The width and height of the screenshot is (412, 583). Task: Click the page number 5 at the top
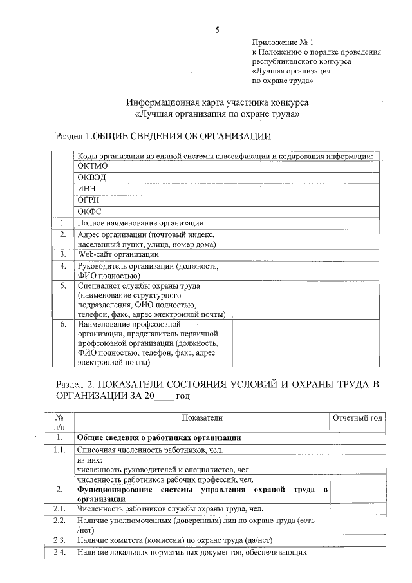click(218, 30)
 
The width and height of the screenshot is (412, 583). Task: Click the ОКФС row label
click(89, 211)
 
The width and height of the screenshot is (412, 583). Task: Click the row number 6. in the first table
click(63, 325)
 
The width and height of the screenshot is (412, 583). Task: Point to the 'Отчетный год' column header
click(357, 418)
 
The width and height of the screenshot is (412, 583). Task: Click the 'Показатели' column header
click(201, 418)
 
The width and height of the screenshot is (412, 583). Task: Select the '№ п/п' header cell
click(59, 423)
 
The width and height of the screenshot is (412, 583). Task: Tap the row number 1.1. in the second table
click(59, 450)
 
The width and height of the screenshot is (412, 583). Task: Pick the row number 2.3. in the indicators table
click(59, 540)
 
